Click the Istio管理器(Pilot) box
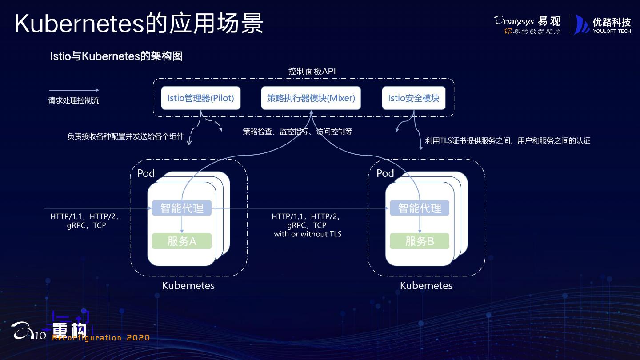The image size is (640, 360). point(200,98)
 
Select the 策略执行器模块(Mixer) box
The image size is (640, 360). point(311,98)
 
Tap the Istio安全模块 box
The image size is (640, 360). point(413,98)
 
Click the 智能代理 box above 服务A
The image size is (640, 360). point(182,208)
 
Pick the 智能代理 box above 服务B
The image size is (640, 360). point(420,208)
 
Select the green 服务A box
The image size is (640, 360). point(182,241)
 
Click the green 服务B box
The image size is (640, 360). point(420,241)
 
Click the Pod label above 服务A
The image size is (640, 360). point(146,173)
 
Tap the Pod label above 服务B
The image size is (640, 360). point(385,173)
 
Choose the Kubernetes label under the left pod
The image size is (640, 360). point(188,285)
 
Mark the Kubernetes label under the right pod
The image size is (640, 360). point(426,285)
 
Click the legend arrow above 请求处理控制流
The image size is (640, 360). point(74,90)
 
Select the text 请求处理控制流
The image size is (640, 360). point(74,101)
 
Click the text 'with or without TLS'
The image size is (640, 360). point(308,234)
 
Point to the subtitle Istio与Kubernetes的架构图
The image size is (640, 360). point(116,56)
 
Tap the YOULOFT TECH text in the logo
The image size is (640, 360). point(612,31)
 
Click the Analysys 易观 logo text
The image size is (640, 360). point(528,20)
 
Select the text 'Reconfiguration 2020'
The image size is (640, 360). point(101,338)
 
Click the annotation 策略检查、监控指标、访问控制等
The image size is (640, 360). point(297,132)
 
